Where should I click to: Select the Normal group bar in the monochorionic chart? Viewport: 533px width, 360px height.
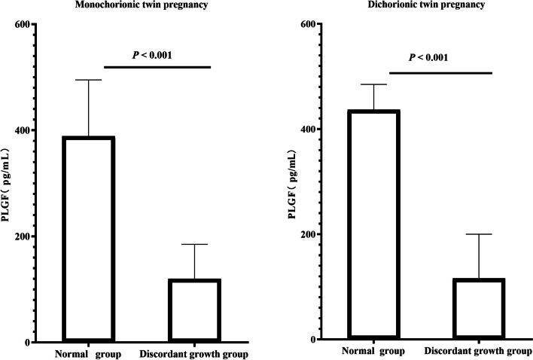tap(89, 239)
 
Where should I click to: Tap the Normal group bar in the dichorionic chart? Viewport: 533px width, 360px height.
tap(373, 224)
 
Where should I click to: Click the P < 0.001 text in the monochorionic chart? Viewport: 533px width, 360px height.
tap(157, 54)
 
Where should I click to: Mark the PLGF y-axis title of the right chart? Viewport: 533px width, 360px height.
tap(293, 182)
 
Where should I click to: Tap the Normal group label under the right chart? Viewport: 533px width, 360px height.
tap(373, 351)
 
